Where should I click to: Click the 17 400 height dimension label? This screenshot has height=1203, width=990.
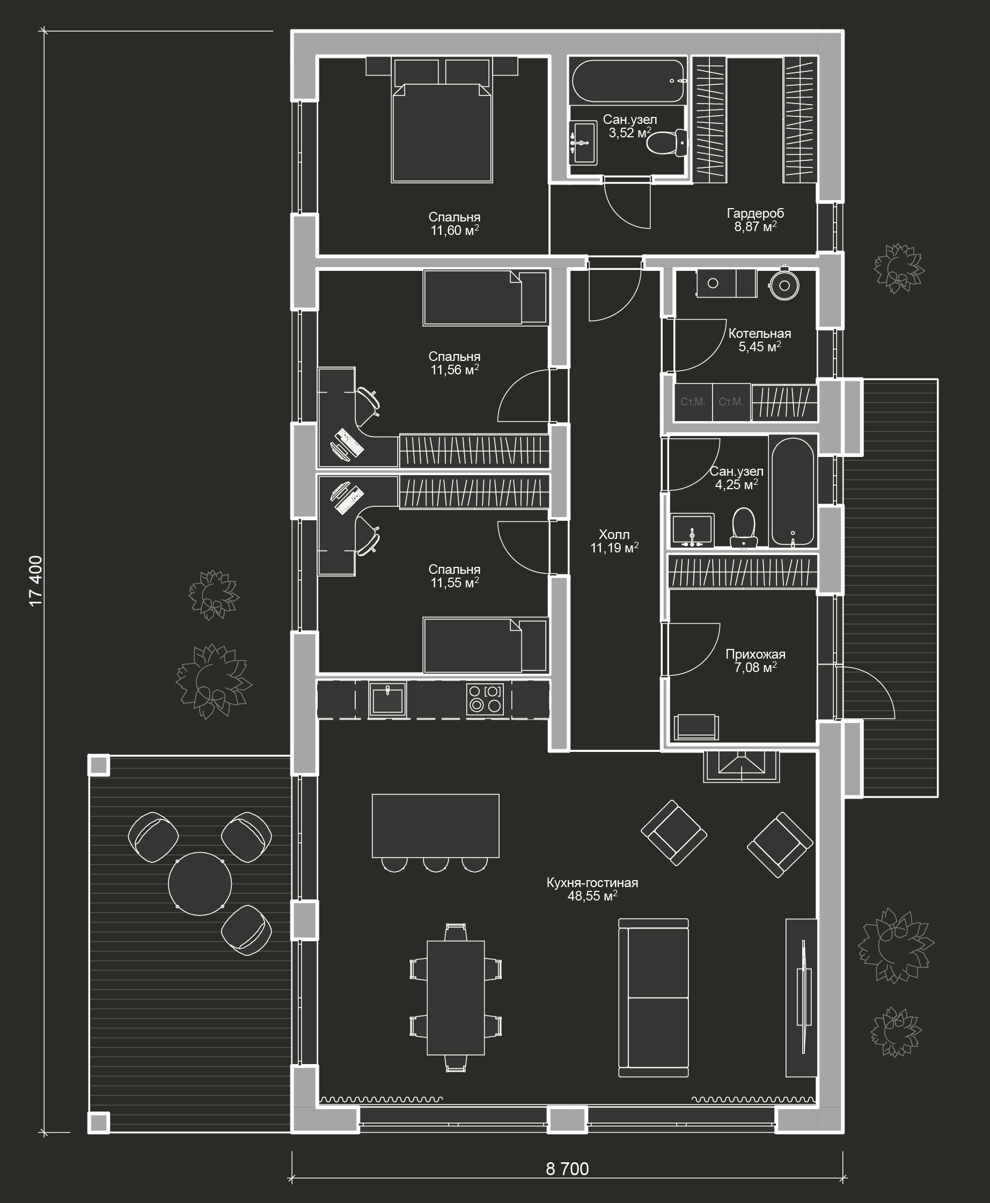[35, 581]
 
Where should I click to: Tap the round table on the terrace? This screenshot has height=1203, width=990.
[200, 884]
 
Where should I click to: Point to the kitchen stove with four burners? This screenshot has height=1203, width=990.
[485, 699]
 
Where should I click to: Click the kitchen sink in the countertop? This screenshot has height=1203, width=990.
[388, 699]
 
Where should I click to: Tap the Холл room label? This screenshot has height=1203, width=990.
[614, 535]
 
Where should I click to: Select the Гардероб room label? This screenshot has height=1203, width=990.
[755, 213]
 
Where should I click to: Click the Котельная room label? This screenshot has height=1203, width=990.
[760, 334]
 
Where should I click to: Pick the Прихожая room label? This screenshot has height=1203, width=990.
[755, 654]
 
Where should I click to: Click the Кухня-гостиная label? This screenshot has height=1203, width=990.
[592, 883]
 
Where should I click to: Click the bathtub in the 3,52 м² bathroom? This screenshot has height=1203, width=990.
[627, 80]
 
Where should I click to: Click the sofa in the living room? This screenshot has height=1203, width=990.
[654, 997]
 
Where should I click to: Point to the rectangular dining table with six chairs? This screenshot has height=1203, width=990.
[456, 997]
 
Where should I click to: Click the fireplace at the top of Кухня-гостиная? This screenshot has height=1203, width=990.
[741, 766]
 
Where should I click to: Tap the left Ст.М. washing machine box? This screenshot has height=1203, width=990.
[693, 402]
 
